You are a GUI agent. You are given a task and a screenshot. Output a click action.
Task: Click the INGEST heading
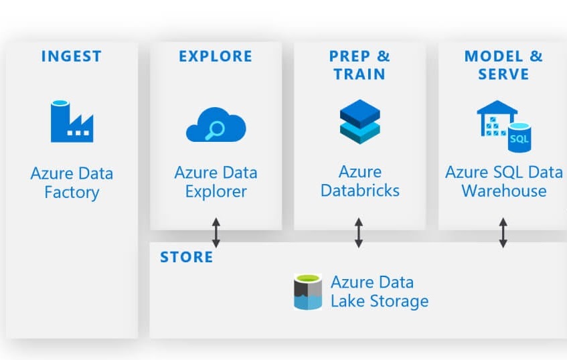72,56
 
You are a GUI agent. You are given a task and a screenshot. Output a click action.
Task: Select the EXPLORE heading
216,56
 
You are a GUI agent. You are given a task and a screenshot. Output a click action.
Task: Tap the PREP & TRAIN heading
359,64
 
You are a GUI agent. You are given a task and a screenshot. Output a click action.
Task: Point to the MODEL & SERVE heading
503,64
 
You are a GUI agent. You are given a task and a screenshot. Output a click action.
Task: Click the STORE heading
187,257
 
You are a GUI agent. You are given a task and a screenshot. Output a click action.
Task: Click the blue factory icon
72,121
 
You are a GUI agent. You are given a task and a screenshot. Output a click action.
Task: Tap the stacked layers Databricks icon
359,121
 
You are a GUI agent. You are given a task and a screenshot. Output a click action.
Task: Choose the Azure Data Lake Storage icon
308,292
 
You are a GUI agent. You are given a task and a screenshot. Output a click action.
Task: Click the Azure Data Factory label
72,183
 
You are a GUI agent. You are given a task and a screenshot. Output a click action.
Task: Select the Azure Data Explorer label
216,181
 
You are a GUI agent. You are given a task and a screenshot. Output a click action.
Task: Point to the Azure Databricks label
359,181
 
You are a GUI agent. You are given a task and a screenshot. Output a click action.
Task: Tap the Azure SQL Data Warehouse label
503,181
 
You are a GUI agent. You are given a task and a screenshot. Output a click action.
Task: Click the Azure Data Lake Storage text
379,292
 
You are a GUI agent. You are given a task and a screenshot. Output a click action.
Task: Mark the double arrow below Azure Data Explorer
216,232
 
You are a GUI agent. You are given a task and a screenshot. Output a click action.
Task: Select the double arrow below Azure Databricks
359,232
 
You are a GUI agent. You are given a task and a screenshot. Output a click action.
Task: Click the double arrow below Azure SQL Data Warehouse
503,232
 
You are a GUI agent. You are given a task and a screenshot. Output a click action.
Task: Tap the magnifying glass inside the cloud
214,130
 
